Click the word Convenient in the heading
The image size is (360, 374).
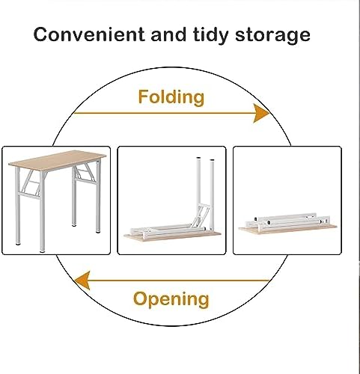pos(89,34)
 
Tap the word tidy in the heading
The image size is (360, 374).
pos(210,35)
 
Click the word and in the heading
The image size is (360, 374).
pos(168,34)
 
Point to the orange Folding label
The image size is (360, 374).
pos(171,97)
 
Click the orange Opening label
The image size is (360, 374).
pos(171,299)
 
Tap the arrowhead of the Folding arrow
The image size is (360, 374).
pos(261,113)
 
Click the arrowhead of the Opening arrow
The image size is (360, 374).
pos(82,280)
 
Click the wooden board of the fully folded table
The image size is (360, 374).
pos(287,230)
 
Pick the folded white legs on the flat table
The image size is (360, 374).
pos(287,221)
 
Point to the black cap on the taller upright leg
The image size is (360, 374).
pos(198,158)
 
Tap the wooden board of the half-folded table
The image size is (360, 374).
pos(172,236)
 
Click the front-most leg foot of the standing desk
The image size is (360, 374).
pos(42,251)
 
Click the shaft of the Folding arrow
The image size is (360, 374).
pos(164,113)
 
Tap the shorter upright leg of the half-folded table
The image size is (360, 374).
pos(213,194)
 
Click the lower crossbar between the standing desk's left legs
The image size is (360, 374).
pos(29,195)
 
